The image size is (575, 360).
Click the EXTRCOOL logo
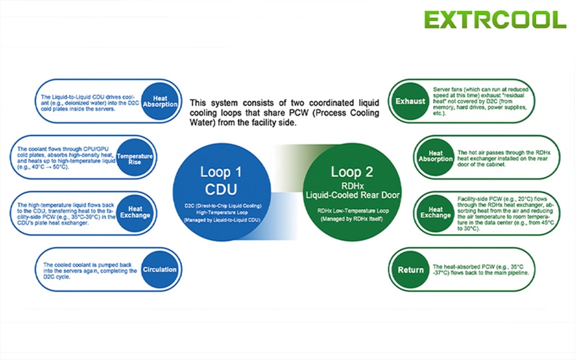495,19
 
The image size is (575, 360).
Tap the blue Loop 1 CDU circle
222,192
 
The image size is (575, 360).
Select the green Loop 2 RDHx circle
352,192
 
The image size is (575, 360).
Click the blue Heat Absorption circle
160,101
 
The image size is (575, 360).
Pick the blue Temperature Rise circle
135,157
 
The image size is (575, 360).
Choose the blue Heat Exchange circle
135,213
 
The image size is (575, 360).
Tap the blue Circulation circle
160,269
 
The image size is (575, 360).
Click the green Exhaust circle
410,101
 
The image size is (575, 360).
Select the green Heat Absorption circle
435,157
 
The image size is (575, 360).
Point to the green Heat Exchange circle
435,213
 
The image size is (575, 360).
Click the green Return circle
410,270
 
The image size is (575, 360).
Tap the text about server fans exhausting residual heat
480,101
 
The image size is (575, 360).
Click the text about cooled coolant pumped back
90,270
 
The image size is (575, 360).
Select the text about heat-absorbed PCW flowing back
480,270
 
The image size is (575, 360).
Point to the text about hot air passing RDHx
504,158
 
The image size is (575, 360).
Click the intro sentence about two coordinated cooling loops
284,113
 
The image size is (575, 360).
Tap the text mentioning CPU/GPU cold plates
66,158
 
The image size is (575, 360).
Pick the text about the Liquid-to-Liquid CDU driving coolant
90,103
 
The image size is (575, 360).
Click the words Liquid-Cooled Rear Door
353,195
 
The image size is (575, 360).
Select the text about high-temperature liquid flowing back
66,214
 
